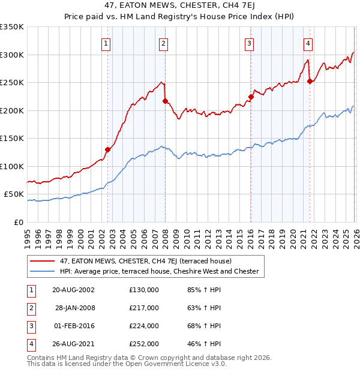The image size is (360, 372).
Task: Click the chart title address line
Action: tap(179, 7)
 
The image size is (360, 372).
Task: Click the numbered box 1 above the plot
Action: tap(106, 43)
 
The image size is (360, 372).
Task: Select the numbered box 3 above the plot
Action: tap(248, 43)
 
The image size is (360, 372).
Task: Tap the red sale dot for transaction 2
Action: tap(165, 101)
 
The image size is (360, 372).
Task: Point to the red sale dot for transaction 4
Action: tap(310, 82)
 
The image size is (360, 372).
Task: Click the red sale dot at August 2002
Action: tap(107, 149)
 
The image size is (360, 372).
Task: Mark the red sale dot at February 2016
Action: tap(251, 97)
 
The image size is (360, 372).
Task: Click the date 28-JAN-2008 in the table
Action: tap(75, 308)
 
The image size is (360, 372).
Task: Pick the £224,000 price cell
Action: tap(143, 326)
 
